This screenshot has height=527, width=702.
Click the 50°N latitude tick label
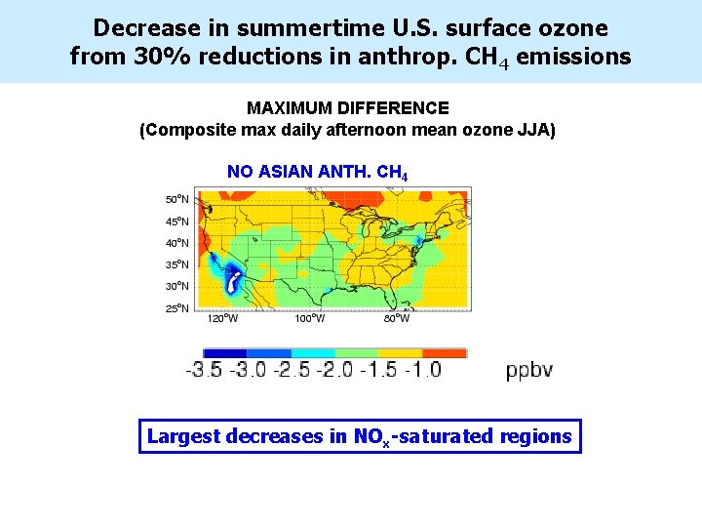pos(176,199)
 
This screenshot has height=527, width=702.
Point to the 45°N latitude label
pos(176,222)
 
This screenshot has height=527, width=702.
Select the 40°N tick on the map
pos(176,243)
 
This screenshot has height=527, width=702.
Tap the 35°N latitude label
pos(176,264)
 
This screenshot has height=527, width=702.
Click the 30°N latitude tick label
pos(176,286)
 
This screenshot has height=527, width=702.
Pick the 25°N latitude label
pos(176,308)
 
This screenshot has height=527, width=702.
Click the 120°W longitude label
pos(222,318)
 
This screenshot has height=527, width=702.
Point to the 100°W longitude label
pos(310,318)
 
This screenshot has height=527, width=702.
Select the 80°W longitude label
pos(396,318)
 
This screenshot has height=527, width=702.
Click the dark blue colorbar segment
pos(224,353)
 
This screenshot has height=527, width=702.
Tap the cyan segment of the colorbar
pos(312,353)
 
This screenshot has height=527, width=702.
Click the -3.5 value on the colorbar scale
pos(204,370)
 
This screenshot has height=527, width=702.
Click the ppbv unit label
pos(529,370)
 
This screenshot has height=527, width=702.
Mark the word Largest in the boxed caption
pos(183,436)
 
